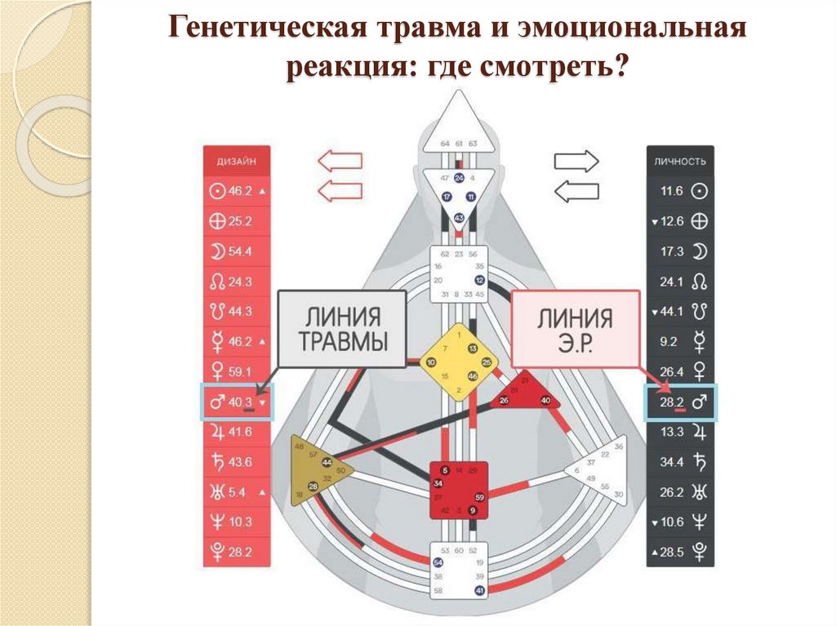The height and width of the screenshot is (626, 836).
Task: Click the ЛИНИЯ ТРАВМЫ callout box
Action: pos(342,327)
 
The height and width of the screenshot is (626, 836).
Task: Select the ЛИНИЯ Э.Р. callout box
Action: pos(575,328)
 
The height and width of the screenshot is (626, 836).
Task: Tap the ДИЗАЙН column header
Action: pos(238,161)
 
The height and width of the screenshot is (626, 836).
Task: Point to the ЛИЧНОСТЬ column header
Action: pos(680,161)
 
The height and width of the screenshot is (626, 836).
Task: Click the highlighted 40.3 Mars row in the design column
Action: pos(238,402)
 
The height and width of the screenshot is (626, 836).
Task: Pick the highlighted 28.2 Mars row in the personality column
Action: pos(680,402)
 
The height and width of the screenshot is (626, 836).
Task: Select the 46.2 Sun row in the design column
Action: pos(238,191)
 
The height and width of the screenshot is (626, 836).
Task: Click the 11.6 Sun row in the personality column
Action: pos(680,191)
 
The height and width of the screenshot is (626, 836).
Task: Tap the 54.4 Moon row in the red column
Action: pos(238,251)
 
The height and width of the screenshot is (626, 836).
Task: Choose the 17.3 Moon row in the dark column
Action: pos(680,251)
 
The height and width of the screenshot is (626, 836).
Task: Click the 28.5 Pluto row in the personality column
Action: pos(680,552)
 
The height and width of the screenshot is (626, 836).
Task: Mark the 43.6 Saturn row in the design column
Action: pos(238,462)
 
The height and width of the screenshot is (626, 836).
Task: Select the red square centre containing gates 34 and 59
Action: pos(459,490)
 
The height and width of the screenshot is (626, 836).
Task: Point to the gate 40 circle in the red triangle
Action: pos(545,400)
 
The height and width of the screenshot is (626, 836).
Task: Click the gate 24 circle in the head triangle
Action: pos(459,178)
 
